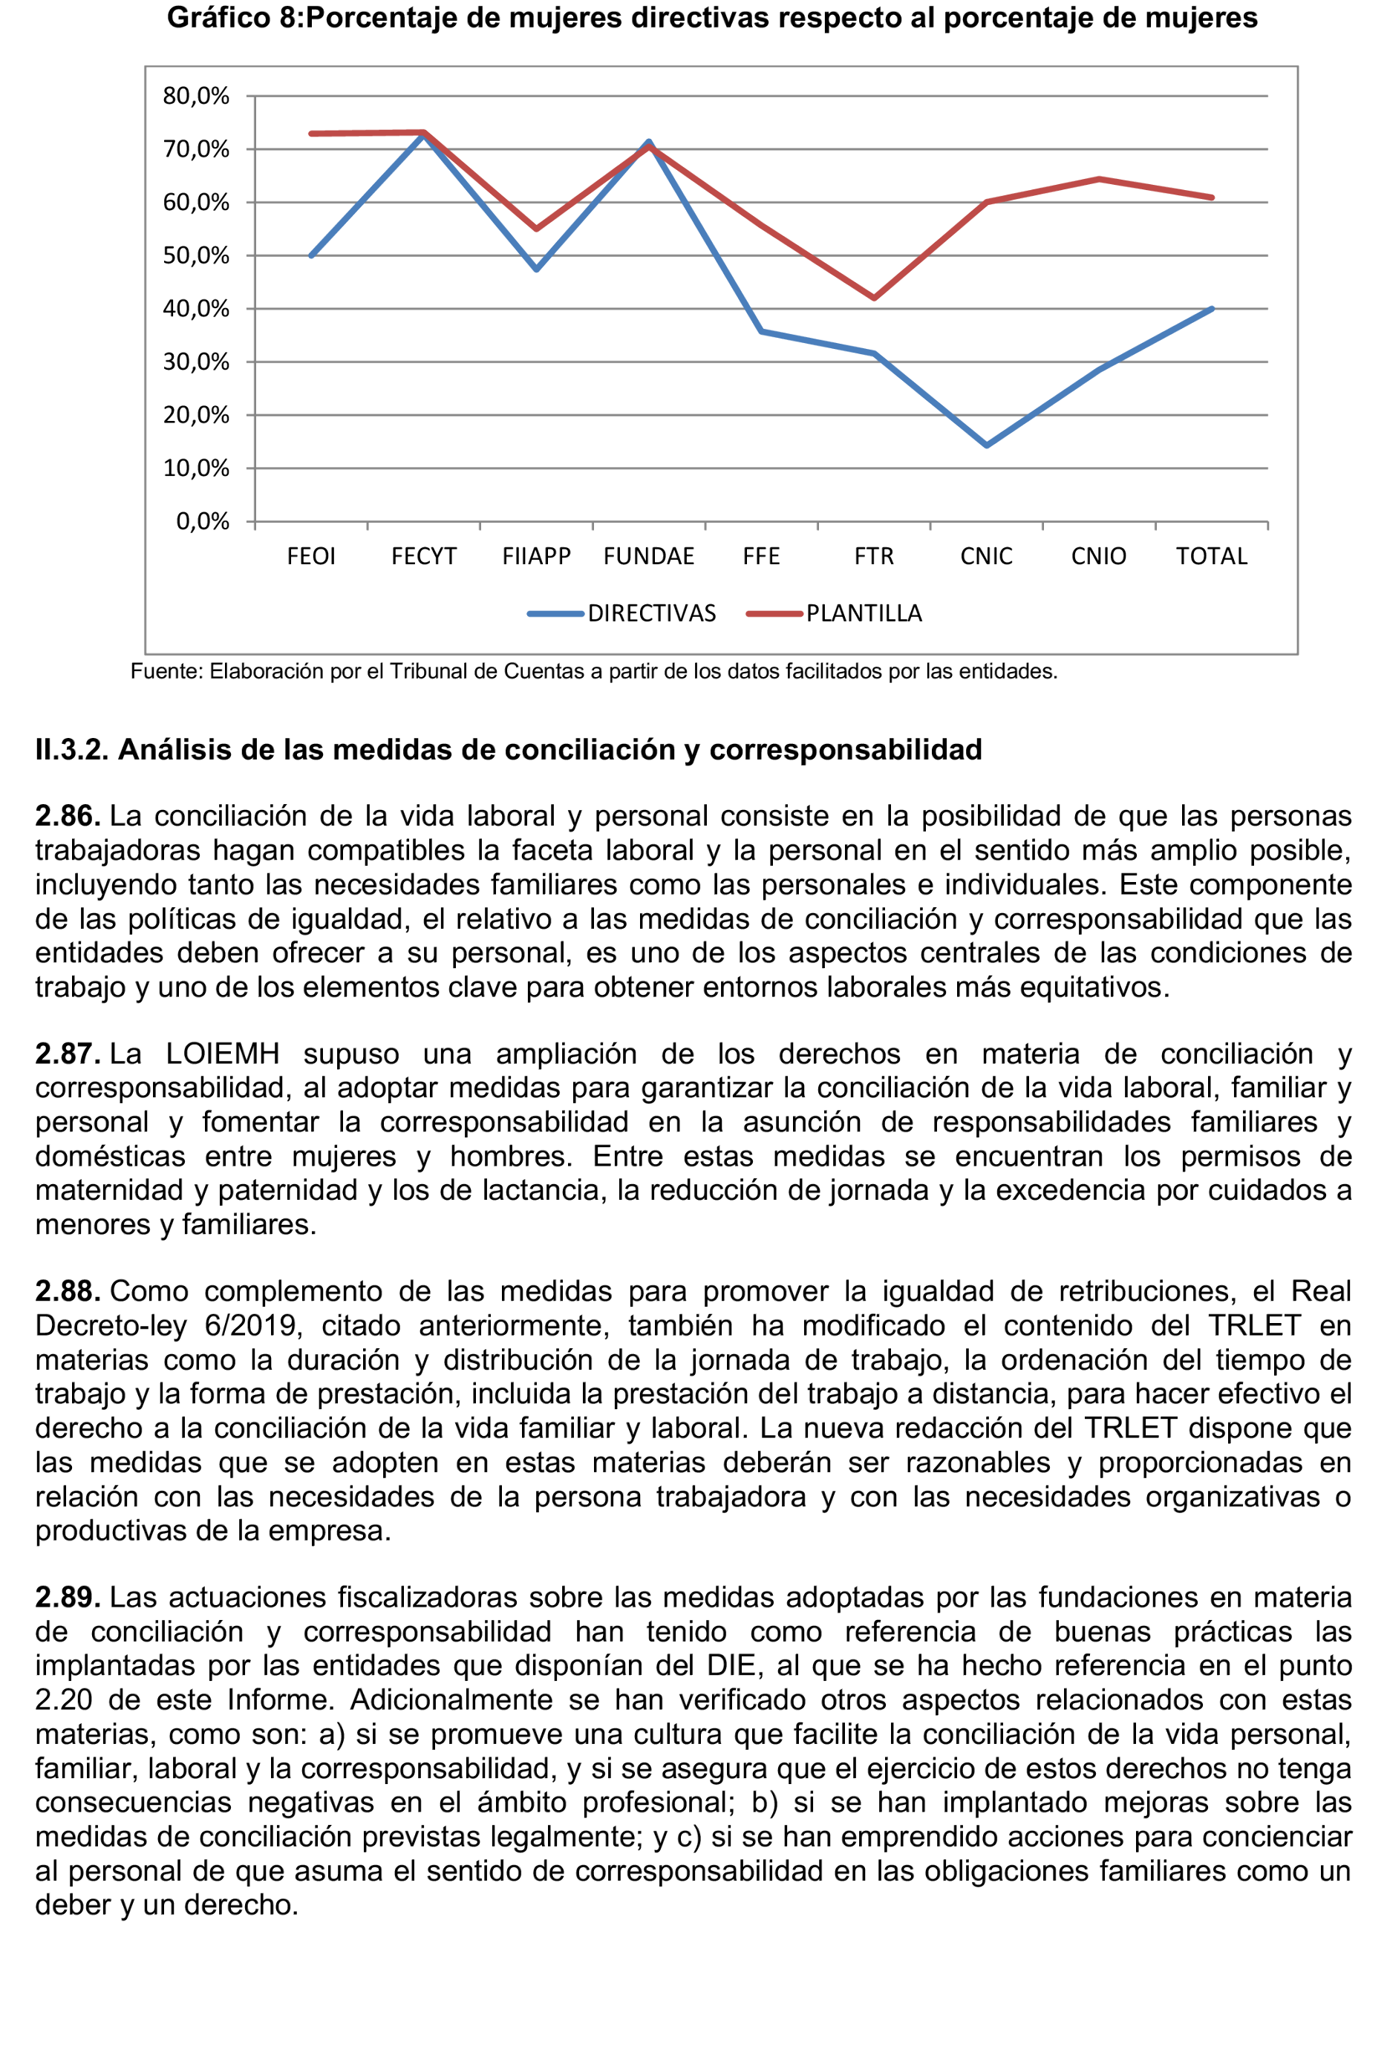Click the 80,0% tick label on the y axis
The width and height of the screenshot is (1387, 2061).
click(x=195, y=96)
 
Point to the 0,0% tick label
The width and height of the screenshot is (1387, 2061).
click(x=203, y=521)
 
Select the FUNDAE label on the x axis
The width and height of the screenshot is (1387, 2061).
click(x=648, y=556)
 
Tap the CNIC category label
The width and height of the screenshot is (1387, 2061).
click(x=986, y=556)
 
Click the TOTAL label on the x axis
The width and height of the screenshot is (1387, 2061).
click(x=1211, y=556)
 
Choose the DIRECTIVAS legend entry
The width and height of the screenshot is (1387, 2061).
click(x=651, y=614)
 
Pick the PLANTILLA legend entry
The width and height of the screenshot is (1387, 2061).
click(x=864, y=614)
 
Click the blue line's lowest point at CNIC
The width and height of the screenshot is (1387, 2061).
click(x=986, y=445)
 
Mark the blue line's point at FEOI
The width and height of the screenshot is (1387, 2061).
click(x=311, y=255)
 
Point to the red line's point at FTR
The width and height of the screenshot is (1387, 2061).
click(x=874, y=298)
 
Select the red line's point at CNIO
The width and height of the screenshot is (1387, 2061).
click(x=1099, y=180)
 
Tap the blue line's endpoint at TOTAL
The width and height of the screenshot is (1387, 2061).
click(x=1211, y=309)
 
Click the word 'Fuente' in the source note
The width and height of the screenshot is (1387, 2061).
click(x=166, y=672)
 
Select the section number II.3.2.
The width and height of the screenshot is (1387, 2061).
click(x=71, y=750)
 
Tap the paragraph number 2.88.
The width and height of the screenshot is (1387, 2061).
click(x=68, y=1291)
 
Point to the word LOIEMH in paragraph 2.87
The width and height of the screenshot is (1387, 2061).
click(x=222, y=1054)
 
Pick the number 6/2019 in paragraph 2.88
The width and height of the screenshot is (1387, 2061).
click(x=253, y=1326)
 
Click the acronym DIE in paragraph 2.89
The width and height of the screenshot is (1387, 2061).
click(x=731, y=1665)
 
